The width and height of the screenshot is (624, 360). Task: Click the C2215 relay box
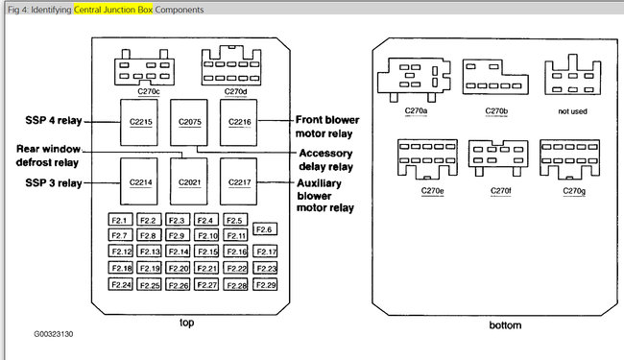pos(139,123)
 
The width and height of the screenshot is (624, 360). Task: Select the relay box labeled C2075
pos(188,123)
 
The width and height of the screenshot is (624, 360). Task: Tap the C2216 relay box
pos(238,123)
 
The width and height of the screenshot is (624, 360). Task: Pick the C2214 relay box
pos(139,181)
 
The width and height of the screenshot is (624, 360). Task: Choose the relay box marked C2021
pos(188,181)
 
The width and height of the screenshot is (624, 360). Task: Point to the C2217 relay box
pos(238,181)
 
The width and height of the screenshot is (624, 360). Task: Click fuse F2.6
pos(265,229)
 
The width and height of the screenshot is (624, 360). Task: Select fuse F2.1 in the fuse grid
pos(120,220)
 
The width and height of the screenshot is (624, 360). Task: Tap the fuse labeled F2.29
pos(265,284)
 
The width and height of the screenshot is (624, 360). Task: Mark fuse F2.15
pos(206,251)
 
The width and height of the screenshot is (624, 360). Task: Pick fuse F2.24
pos(120,284)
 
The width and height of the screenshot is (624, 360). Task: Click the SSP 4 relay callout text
pos(54,121)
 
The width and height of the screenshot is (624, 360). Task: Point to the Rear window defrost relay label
pos(48,156)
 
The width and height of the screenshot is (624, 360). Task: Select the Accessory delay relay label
pos(326,160)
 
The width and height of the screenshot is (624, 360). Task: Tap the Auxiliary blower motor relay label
pos(325,195)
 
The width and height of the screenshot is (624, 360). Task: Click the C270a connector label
pos(416,110)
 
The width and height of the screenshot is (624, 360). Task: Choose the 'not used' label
pos(572,111)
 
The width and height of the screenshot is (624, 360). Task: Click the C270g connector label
pos(574,191)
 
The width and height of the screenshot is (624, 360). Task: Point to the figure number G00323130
pos(54,334)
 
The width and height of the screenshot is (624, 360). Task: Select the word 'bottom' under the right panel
pos(505,325)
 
